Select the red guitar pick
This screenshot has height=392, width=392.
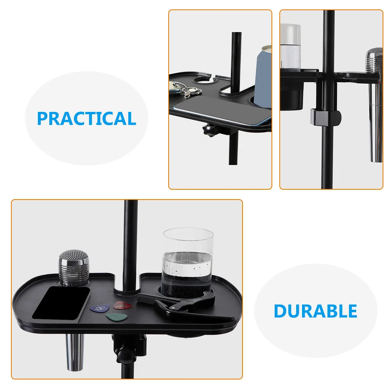pos(122,306)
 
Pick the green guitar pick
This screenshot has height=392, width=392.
pos(117,317)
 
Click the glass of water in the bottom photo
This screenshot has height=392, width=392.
pos(188,263)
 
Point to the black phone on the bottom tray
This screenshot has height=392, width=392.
pos(61,303)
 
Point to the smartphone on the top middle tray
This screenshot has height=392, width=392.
pos(223,111)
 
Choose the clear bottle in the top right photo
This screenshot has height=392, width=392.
pos(290,47)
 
